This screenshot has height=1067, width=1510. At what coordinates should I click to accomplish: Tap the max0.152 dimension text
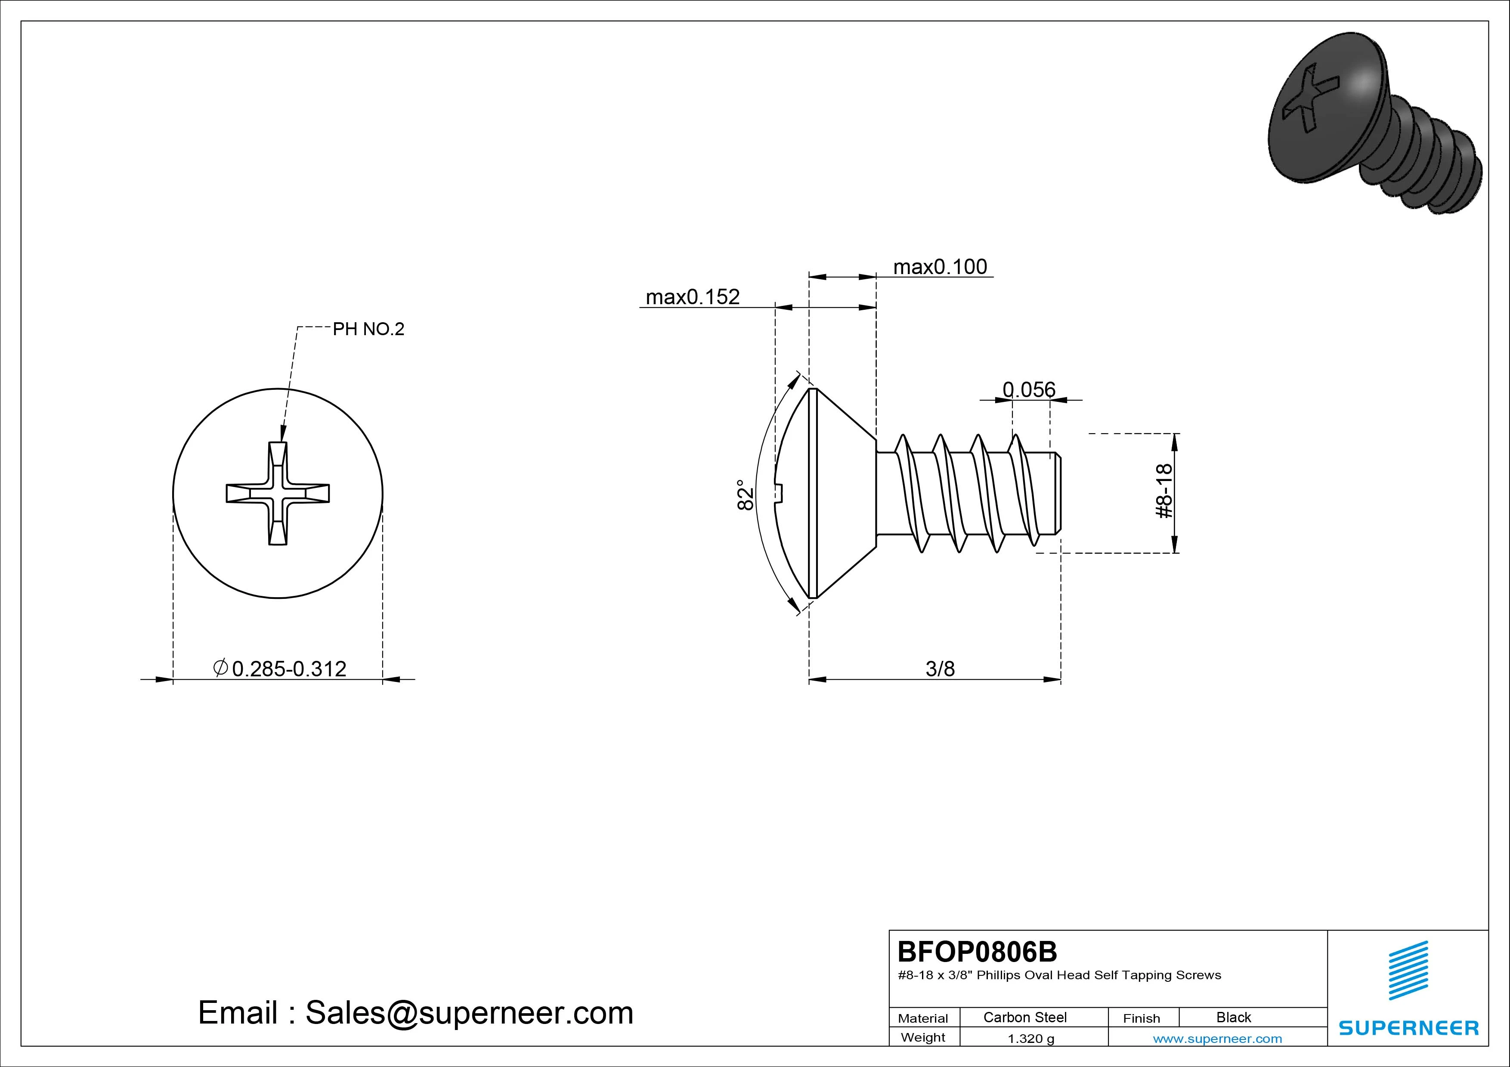click(x=693, y=297)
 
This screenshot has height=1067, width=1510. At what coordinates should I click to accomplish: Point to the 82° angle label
click(x=745, y=494)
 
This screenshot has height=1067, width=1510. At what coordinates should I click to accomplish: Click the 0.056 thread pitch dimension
click(x=1029, y=390)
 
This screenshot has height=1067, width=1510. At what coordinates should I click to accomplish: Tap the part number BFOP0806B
click(x=977, y=951)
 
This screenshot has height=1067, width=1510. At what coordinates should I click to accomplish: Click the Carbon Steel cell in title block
click(x=1024, y=1017)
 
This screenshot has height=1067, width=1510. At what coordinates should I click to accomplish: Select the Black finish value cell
click(x=1233, y=1017)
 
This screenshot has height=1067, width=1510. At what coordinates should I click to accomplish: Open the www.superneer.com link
click(x=1217, y=1039)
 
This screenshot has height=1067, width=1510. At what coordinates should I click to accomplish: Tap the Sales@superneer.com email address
click(x=469, y=1013)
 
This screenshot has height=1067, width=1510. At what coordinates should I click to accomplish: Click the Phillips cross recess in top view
click(x=278, y=493)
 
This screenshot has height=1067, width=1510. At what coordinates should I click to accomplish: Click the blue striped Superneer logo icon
click(x=1408, y=970)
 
